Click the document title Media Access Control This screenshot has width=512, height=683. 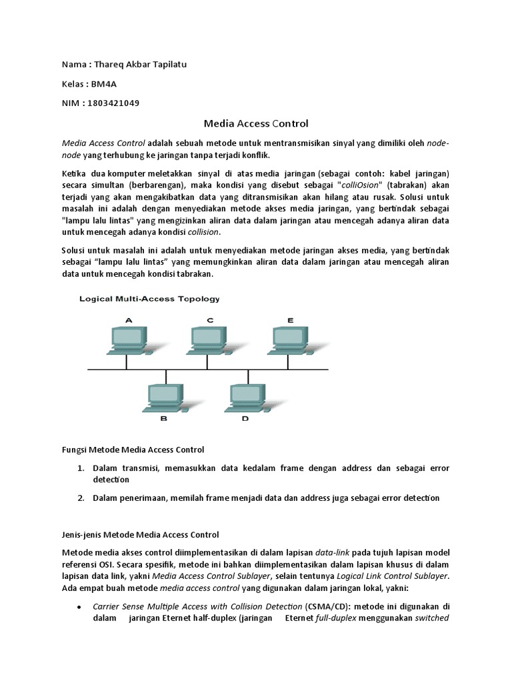tap(256, 123)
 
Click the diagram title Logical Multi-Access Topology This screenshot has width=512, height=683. tap(149, 299)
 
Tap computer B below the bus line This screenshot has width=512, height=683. tap(163, 398)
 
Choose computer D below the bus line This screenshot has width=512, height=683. tap(245, 398)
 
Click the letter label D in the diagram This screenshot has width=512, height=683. tap(245, 419)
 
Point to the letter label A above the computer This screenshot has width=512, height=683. tap(129, 320)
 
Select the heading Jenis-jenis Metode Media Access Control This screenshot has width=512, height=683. tap(140, 534)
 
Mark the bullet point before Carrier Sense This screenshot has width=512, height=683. tap(81, 608)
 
